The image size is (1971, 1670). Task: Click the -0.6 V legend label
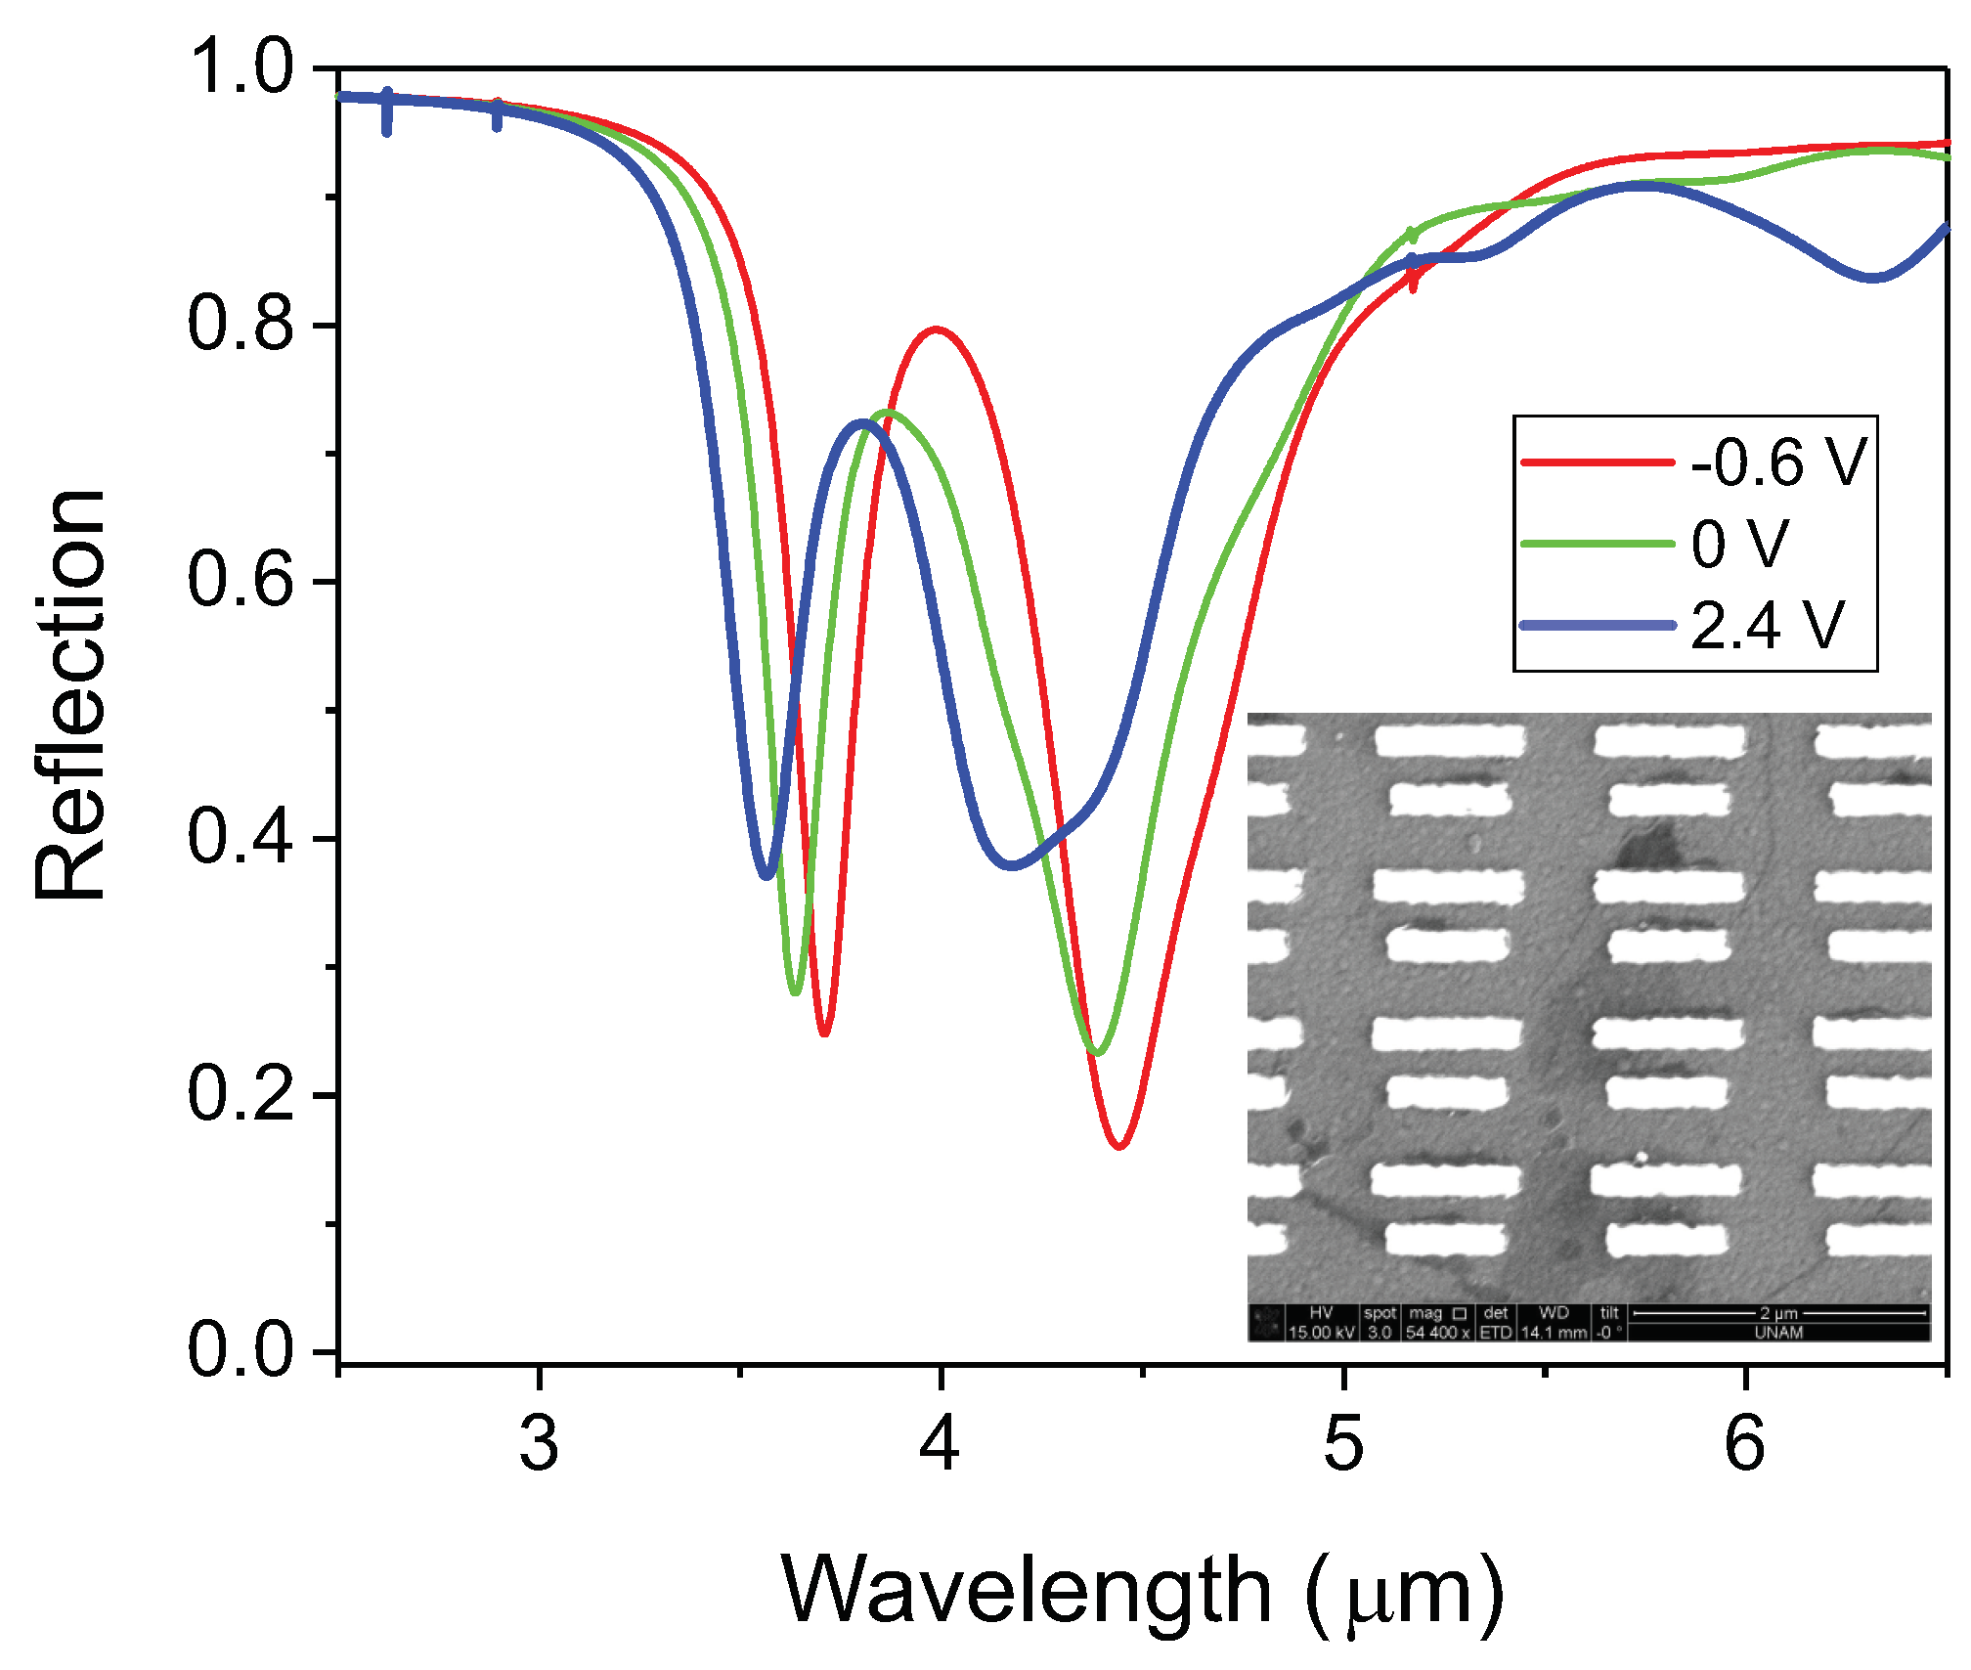pyautogui.click(x=1778, y=462)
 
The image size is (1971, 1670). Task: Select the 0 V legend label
pyautogui.click(x=1739, y=544)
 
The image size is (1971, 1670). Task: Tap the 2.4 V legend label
pyautogui.click(x=1767, y=626)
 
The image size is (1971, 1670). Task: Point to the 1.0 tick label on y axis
pyautogui.click(x=241, y=67)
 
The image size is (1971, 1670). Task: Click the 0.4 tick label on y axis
pyautogui.click(x=241, y=838)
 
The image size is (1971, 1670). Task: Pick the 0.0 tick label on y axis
pyautogui.click(x=241, y=1351)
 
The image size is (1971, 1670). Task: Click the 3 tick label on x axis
pyautogui.click(x=539, y=1443)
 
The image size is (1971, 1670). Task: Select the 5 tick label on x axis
pyautogui.click(x=1343, y=1443)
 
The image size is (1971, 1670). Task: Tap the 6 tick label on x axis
pyautogui.click(x=1745, y=1443)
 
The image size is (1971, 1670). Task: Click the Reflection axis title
pyautogui.click(x=70, y=694)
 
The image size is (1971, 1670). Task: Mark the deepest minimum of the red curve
pyautogui.click(x=1119, y=1145)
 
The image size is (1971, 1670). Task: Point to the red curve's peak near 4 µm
pyautogui.click(x=937, y=330)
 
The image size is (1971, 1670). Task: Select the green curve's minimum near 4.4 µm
pyautogui.click(x=1098, y=1053)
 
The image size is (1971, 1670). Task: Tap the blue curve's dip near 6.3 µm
pyautogui.click(x=1871, y=279)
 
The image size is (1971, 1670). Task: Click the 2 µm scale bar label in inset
pyautogui.click(x=1778, y=1313)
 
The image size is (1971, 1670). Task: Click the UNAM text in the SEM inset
pyautogui.click(x=1778, y=1333)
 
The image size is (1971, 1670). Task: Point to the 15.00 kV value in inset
pyautogui.click(x=1321, y=1333)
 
